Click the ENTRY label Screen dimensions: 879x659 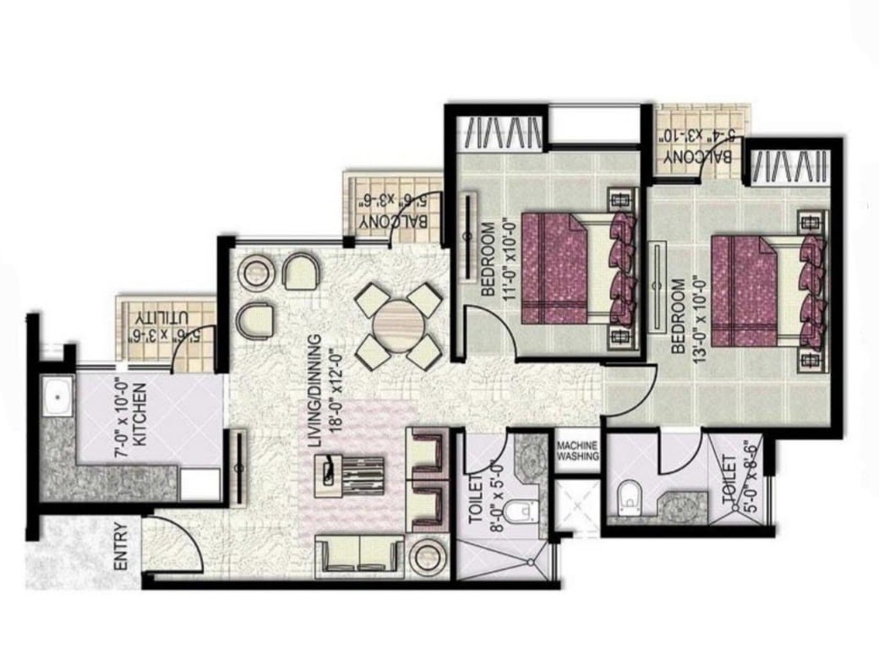tap(121, 547)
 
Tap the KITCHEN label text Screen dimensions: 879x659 tap(139, 414)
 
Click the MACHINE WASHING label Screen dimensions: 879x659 tap(576, 450)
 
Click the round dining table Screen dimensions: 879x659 tap(399, 325)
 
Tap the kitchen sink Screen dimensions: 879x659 tap(57, 396)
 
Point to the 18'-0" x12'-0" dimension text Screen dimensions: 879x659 tap(335, 391)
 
